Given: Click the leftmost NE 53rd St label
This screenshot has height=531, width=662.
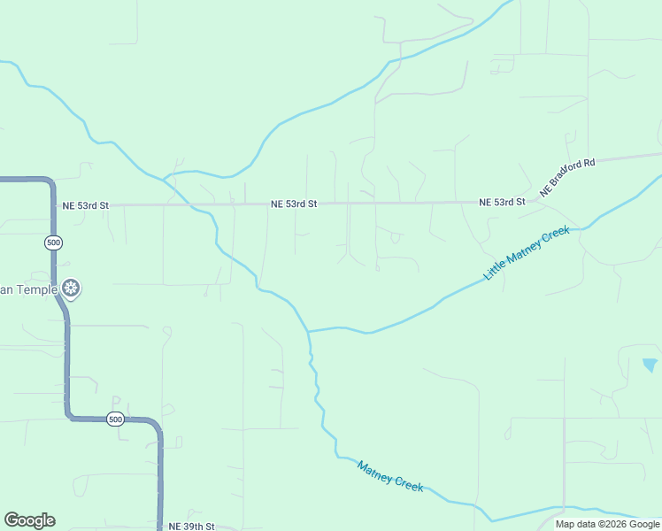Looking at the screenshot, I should (x=86, y=205).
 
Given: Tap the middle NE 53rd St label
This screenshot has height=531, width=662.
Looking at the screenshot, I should (x=294, y=204).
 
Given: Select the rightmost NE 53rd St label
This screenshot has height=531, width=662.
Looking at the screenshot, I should (x=502, y=203).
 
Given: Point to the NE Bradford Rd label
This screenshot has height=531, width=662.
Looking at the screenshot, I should (x=567, y=177).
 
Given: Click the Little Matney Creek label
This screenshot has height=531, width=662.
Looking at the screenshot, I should (x=526, y=252).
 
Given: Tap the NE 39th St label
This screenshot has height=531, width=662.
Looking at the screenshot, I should (x=191, y=526).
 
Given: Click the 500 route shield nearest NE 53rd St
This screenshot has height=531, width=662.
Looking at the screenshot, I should (x=53, y=242).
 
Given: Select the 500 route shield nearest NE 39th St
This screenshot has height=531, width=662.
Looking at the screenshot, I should (x=115, y=419).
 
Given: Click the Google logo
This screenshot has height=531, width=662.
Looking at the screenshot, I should (x=29, y=520).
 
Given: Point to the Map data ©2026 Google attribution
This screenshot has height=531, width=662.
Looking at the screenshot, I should (x=608, y=524).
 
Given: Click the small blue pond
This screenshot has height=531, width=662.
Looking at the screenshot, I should (x=650, y=364).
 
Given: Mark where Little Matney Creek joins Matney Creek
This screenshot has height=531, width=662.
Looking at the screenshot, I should (x=308, y=331).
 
